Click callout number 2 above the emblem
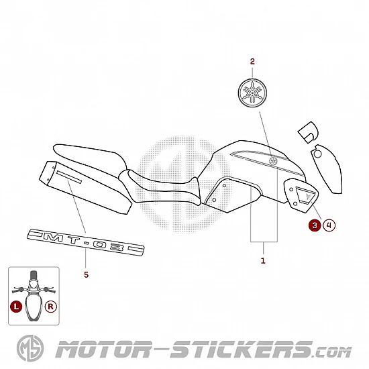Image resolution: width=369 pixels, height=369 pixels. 252,62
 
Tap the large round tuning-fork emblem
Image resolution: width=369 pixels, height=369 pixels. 252,93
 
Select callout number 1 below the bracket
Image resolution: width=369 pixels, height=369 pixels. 263,260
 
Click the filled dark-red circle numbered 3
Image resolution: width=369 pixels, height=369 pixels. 315,225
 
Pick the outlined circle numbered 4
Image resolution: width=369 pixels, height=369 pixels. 329,225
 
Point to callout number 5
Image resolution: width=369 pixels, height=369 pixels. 87,274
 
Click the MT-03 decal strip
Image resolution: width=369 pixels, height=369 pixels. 86,242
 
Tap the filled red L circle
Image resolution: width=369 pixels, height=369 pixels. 16,307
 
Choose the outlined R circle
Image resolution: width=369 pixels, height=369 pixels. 51,307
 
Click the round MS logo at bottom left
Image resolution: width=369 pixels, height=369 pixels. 30,348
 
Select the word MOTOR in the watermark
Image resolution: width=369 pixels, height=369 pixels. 103,350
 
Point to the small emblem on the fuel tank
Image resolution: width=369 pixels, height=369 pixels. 273,161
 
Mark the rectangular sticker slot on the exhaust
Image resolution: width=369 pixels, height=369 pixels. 69,176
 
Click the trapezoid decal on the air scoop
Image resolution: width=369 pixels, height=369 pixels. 305,195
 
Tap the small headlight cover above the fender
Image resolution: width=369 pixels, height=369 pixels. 309,132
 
